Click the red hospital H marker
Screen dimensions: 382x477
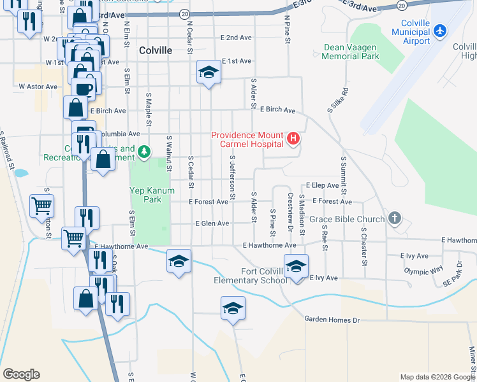(293, 138)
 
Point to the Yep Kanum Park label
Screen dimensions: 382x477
(144, 194)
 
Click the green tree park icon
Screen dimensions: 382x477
(145, 151)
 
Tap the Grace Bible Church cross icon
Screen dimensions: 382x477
(395, 218)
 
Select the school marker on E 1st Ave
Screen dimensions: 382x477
(208, 74)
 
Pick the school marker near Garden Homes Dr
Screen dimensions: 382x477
(233, 309)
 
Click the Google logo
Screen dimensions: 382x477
(21, 374)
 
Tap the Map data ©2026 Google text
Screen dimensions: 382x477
(437, 377)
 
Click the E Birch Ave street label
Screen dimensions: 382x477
(277, 110)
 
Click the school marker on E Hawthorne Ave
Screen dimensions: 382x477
(179, 261)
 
